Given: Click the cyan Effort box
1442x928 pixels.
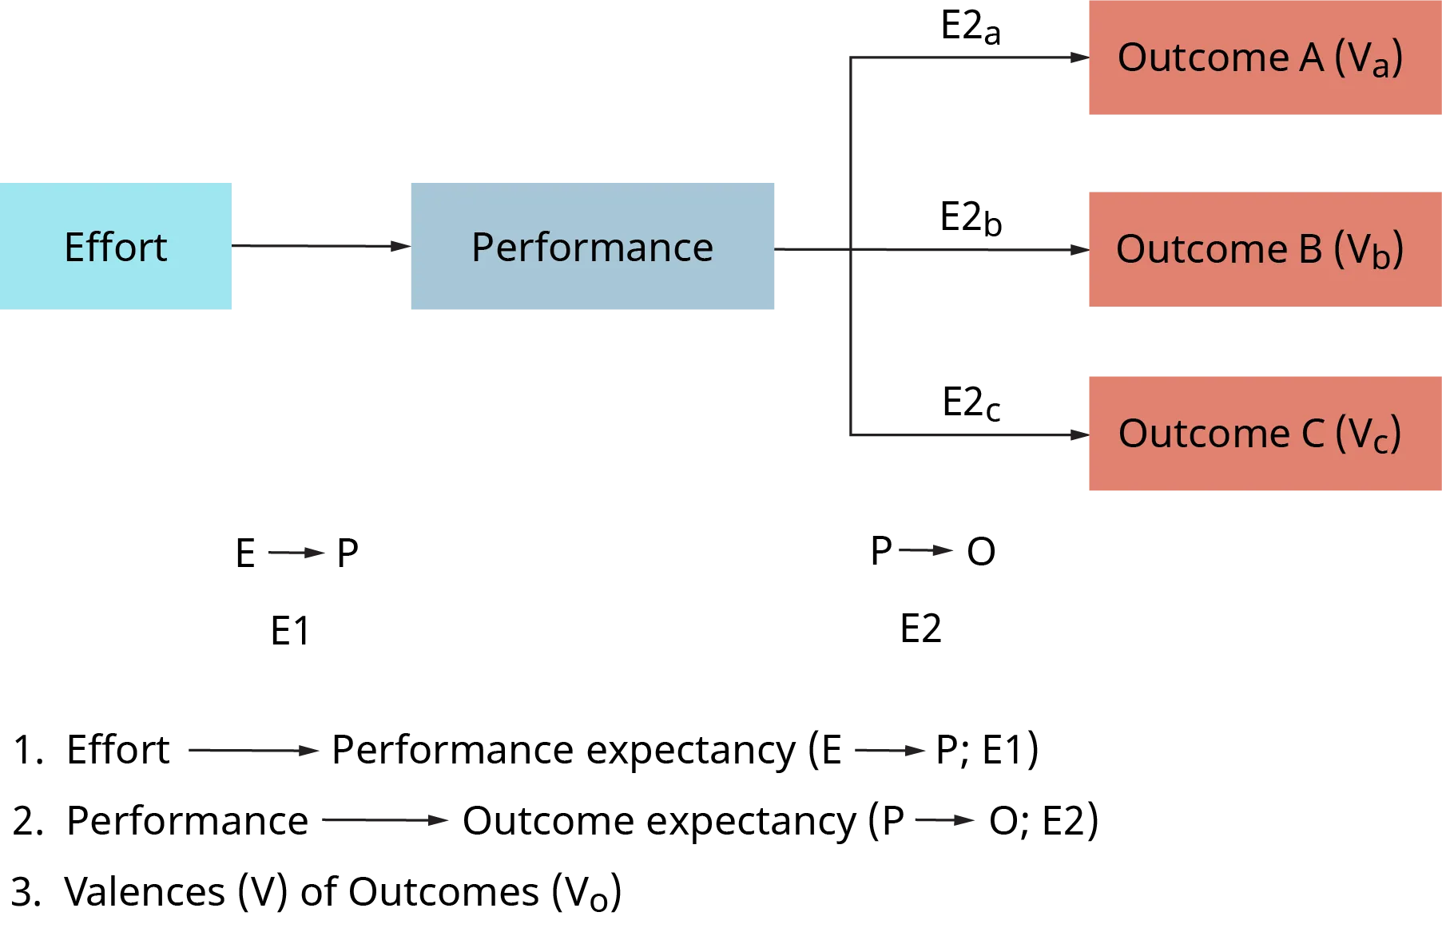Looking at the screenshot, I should point(117,246).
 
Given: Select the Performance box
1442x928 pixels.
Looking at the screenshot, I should point(593,246).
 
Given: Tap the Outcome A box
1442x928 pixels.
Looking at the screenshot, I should point(1263,58).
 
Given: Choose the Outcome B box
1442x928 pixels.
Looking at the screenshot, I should point(1263,249).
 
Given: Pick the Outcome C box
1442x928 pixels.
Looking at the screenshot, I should point(1263,432).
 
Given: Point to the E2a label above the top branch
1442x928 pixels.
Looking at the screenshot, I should point(970,25).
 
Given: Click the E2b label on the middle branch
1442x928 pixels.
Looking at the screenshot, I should point(970,216).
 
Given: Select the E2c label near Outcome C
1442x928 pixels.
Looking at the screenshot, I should point(970,401).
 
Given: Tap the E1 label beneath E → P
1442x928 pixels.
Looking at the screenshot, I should point(288,630).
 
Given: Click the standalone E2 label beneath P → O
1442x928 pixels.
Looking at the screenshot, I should point(923,628).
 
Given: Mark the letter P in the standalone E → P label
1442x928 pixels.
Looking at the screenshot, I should point(348,553).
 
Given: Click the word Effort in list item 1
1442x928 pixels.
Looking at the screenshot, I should point(117,750).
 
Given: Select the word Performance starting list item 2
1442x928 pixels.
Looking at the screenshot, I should point(188,821).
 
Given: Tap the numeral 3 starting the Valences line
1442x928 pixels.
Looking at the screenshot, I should point(27,890).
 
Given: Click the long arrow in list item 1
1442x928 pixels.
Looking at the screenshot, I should point(251,751).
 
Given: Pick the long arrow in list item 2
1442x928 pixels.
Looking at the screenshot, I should point(385,821).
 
